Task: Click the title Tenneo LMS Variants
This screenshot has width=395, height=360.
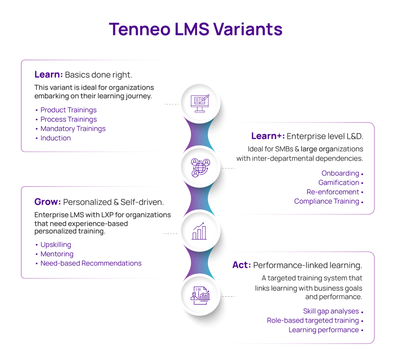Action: click(195, 29)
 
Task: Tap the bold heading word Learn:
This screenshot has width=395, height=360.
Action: click(49, 75)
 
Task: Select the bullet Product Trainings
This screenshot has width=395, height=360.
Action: click(68, 110)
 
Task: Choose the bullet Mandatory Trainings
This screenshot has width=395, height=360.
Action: click(73, 129)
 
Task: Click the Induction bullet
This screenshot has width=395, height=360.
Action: click(56, 138)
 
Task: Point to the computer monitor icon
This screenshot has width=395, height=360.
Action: click(200, 104)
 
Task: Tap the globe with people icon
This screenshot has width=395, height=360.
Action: click(201, 168)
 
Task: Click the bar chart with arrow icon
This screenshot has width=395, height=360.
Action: click(199, 231)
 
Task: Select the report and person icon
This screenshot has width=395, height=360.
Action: click(200, 295)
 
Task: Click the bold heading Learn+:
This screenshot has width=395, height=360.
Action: click(268, 136)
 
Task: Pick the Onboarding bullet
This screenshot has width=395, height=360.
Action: click(340, 173)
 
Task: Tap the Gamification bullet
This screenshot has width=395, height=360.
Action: click(339, 183)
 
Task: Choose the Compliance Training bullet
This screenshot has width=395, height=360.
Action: click(327, 201)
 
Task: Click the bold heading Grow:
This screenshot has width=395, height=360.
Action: click(47, 202)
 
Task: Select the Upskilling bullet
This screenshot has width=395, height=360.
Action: click(56, 245)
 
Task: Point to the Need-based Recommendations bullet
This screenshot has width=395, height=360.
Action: click(91, 263)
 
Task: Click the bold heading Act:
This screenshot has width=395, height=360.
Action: click(241, 265)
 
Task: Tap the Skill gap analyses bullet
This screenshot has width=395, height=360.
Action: click(331, 311)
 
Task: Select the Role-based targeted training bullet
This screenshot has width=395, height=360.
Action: click(313, 320)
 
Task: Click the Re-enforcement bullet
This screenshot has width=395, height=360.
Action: click(333, 192)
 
